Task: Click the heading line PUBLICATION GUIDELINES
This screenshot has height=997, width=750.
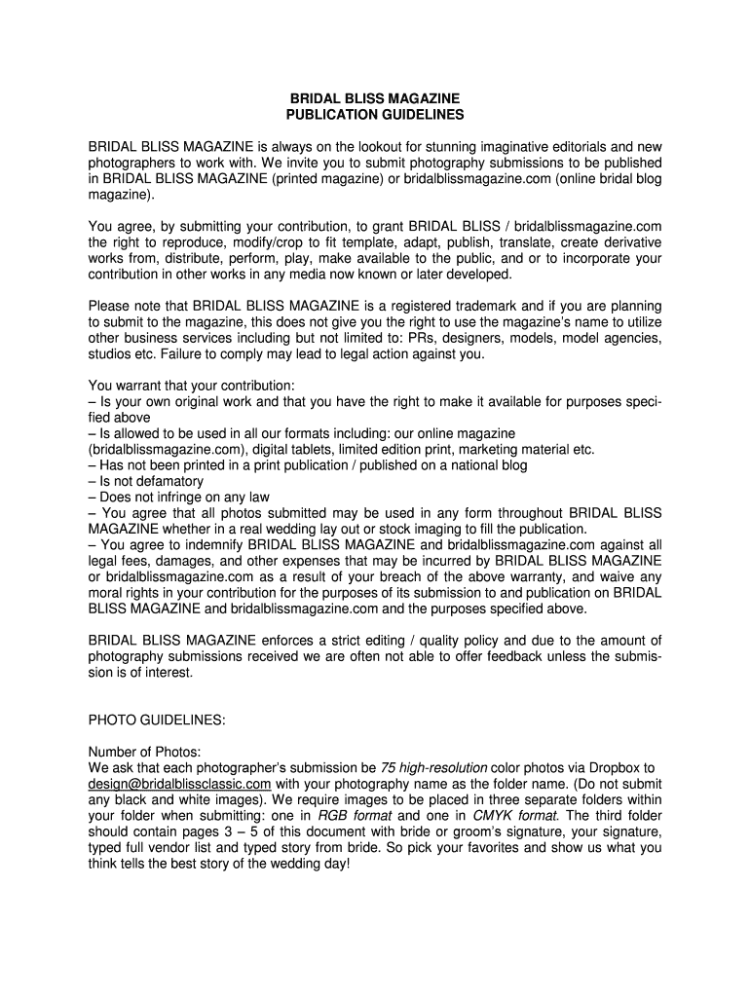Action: (x=375, y=115)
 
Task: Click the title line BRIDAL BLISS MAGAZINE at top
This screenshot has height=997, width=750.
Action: (x=375, y=99)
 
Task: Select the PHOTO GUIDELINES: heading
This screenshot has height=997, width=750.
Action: (x=157, y=720)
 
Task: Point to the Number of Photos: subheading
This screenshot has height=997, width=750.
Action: (x=144, y=752)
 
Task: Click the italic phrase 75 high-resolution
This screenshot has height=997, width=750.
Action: (x=433, y=767)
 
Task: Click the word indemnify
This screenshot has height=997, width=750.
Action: (x=212, y=543)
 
